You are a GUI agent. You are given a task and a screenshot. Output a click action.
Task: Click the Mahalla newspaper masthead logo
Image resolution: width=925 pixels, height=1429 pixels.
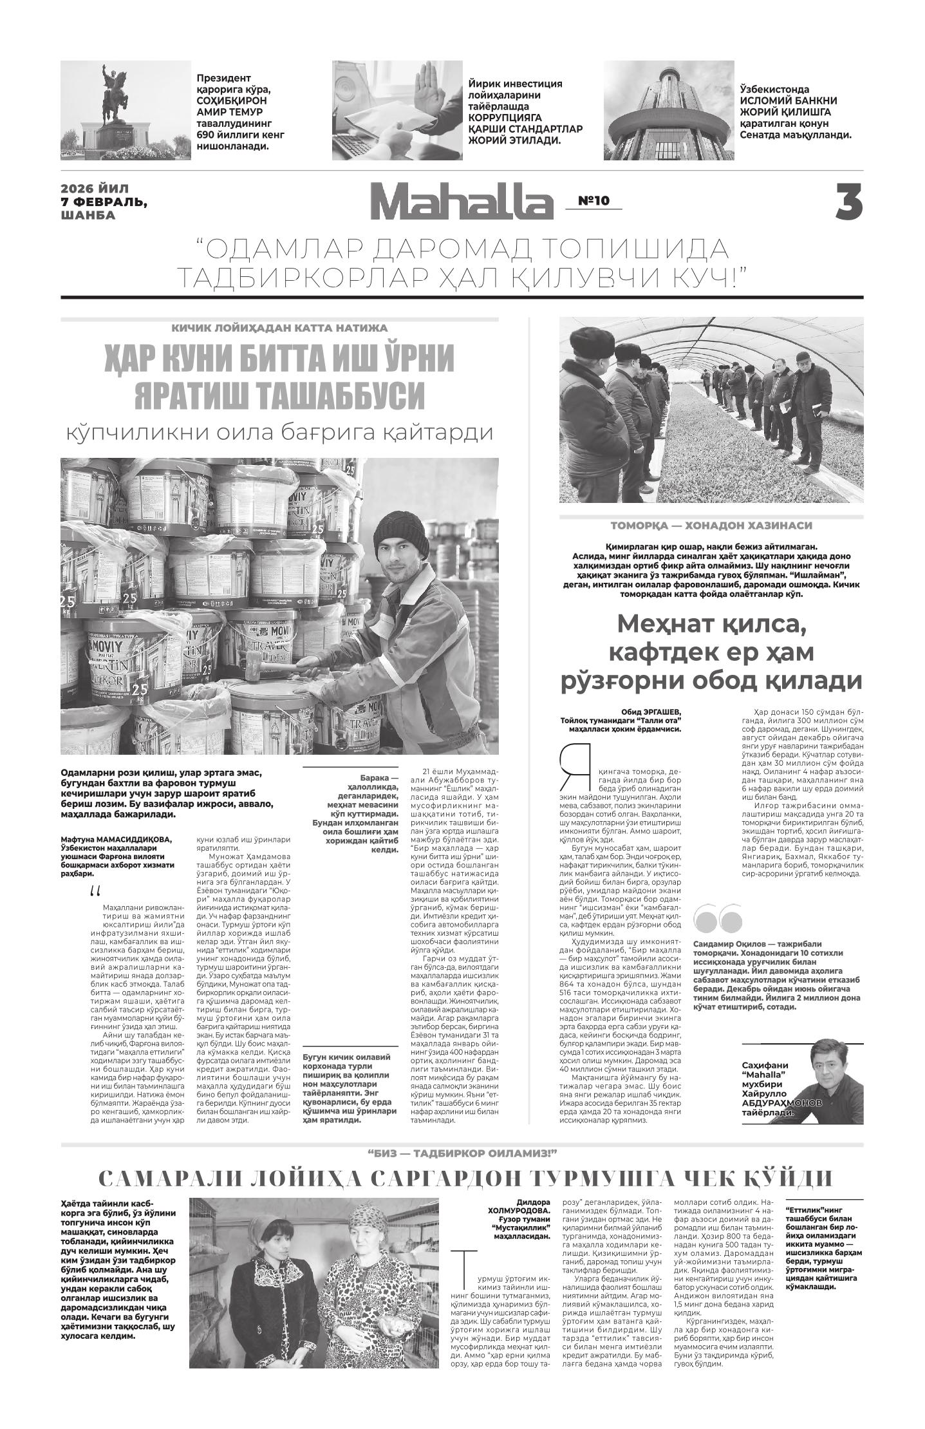click(x=461, y=202)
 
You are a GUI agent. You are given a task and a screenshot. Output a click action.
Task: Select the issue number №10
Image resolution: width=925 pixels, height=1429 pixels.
click(x=593, y=201)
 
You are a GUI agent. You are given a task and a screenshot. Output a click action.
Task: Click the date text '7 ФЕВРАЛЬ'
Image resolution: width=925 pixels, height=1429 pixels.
click(x=103, y=202)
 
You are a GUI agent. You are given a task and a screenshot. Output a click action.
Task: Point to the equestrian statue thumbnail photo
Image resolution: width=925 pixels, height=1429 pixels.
click(x=126, y=110)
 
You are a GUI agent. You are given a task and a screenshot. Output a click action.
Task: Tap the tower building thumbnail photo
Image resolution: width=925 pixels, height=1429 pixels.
click(x=668, y=110)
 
